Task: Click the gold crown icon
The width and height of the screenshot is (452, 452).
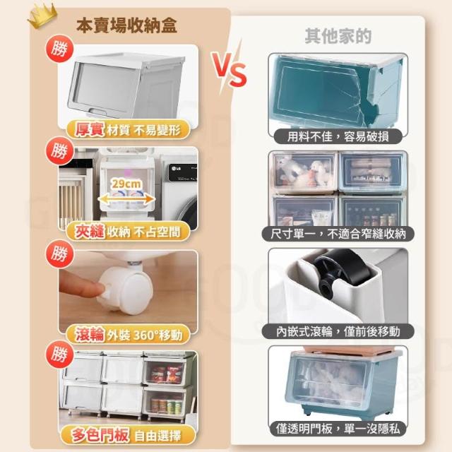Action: click(42, 16)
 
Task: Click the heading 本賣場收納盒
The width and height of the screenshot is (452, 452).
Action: click(126, 25)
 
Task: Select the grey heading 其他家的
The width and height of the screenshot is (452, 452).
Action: click(338, 36)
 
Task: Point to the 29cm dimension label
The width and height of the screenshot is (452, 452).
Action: click(126, 184)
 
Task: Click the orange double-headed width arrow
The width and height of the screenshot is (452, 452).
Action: click(126, 199)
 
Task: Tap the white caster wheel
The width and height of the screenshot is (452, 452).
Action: click(125, 290)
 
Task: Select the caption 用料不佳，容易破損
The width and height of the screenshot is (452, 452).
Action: click(338, 136)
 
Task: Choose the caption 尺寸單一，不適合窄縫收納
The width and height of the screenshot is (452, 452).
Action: click(338, 234)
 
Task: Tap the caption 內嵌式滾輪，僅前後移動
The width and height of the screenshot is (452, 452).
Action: click(338, 331)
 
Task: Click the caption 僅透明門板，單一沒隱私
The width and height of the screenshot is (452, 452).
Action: click(338, 429)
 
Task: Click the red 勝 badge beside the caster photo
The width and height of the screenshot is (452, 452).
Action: click(59, 254)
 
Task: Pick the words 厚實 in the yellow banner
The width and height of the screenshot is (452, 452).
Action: click(90, 129)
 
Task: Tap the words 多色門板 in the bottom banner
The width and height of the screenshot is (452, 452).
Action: click(100, 435)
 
